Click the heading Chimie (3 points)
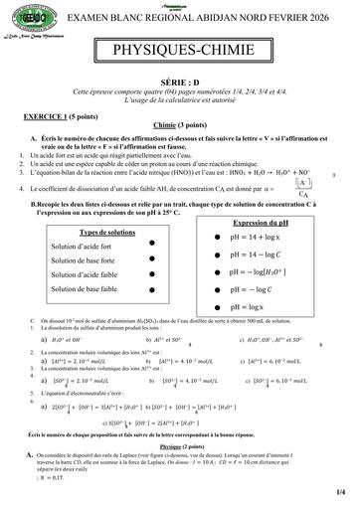click(179, 125)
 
